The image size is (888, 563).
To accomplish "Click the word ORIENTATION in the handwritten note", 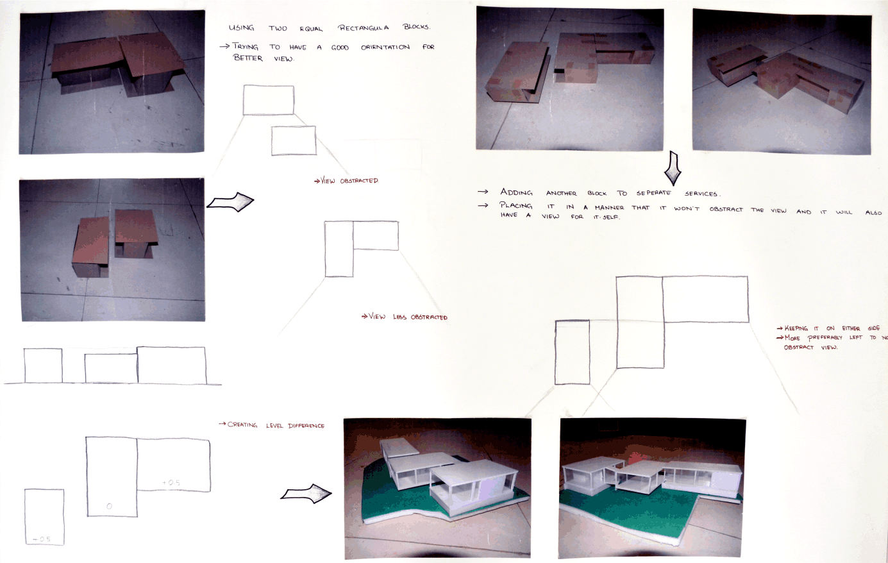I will coord(385,47).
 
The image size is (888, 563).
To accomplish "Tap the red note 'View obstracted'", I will coord(346,181).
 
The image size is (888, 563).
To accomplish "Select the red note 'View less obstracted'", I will coord(405,317).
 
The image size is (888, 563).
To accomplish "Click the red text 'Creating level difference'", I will coord(271,425).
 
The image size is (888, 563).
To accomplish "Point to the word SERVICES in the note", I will coord(702,194).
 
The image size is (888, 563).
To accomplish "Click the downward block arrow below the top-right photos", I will coord(673,167).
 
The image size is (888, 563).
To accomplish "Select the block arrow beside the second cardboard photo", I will coord(230,202).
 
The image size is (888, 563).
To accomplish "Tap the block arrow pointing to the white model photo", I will coord(306,494).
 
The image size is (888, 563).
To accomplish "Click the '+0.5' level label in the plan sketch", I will coord(171,483).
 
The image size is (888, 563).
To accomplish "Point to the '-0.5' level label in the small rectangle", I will coord(42,539).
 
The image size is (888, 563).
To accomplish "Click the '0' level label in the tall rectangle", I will coord(109,507).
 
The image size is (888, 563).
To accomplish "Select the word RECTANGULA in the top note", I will coord(364,28).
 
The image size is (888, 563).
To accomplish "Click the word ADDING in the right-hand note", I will coord(516,192).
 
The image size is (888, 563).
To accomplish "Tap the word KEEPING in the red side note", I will coord(796,328).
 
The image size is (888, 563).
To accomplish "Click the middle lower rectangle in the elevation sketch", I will coord(111,369).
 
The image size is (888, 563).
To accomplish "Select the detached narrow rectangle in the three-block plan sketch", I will coord(572,352).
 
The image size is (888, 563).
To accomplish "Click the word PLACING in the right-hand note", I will coord(516,206).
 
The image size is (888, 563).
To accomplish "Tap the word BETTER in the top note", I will coord(248,58).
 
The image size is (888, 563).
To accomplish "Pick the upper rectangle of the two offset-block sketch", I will coord(268,100).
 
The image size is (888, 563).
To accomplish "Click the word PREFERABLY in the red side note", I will coord(825,338).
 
